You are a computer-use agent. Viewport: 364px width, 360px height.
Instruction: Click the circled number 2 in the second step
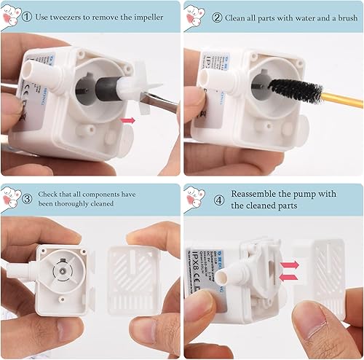pos(217,16)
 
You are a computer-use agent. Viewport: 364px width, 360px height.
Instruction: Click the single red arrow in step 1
pos(129,118)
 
